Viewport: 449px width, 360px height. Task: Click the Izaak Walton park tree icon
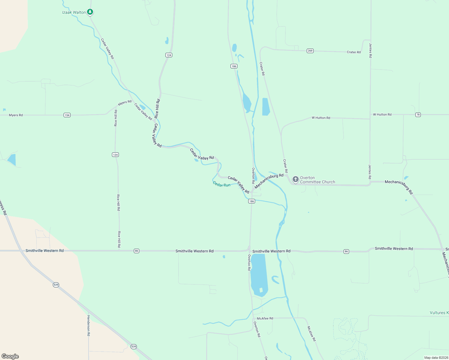[x=90, y=12]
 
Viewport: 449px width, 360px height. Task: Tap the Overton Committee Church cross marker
[x=296, y=179]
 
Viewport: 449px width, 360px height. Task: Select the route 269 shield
[x=310, y=51]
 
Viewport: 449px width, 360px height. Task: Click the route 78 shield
[x=418, y=115]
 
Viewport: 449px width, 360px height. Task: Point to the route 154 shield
[x=67, y=115]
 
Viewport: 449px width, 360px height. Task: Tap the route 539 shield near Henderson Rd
[x=134, y=346]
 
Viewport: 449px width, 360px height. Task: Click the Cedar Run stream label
[x=221, y=184]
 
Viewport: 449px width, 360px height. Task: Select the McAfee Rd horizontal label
[x=265, y=318]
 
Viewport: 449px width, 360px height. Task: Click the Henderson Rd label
[x=89, y=325]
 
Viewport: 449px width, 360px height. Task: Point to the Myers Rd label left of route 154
[x=16, y=115]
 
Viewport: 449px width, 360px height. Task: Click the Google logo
[x=10, y=356]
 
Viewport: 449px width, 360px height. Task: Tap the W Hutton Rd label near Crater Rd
[x=321, y=118]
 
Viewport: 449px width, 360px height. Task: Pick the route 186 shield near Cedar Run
[x=252, y=201]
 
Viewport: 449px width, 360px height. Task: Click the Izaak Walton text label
[x=74, y=12]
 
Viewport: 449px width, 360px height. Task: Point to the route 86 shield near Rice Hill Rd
[x=137, y=251]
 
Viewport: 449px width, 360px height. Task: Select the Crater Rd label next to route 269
[x=354, y=52]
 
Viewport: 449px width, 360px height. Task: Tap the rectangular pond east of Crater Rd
[x=266, y=106]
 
